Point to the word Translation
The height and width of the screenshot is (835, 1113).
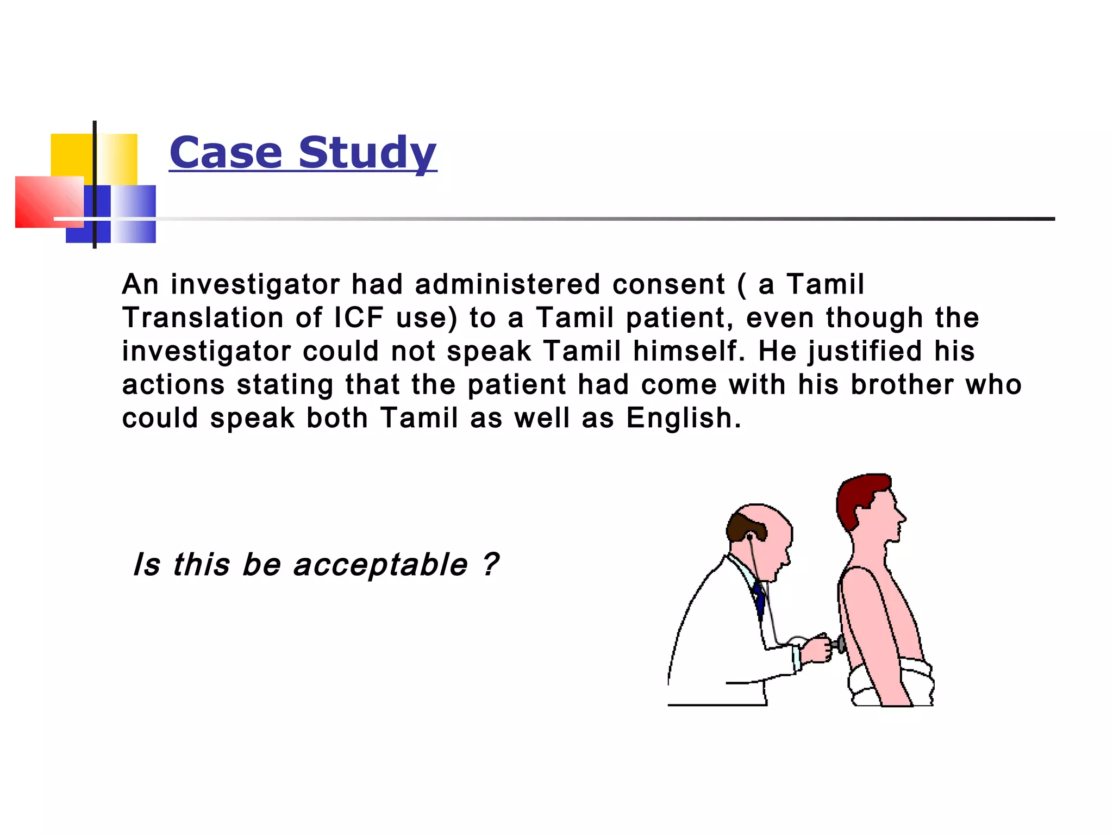203,317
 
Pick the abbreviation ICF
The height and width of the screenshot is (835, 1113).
359,317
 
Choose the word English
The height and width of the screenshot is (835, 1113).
683,418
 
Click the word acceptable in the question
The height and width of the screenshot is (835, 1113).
380,564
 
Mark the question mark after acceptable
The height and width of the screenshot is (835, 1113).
490,564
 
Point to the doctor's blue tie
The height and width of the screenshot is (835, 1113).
760,598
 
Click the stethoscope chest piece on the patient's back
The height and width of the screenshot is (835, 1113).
840,645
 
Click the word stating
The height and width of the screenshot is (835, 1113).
285,385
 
